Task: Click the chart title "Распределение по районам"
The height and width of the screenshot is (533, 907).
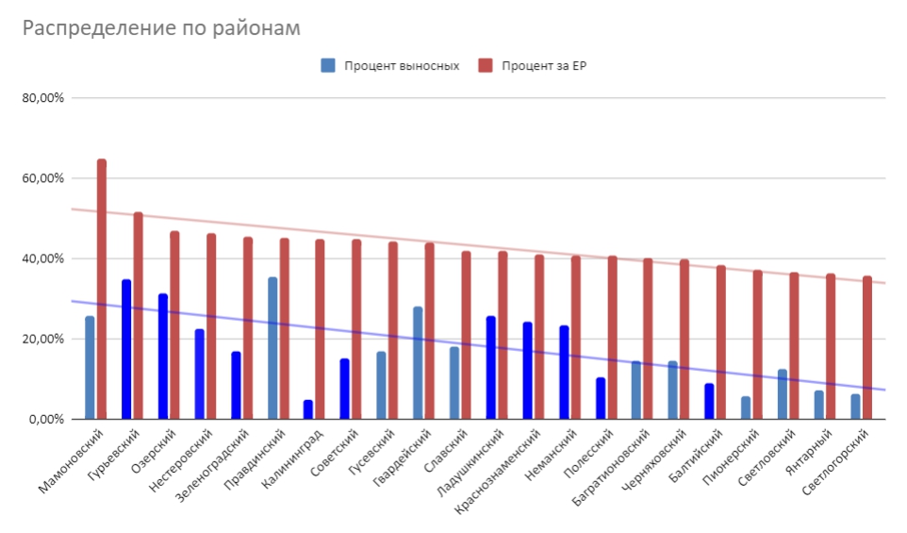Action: (x=161, y=28)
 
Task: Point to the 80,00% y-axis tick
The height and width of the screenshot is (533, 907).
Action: (x=43, y=98)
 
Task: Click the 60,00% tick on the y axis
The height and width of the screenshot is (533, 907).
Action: (x=43, y=178)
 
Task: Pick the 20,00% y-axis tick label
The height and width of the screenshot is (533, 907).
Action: (x=43, y=339)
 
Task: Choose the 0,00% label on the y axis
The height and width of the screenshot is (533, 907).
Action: (x=46, y=419)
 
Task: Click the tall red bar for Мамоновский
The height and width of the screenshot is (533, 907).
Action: (x=102, y=289)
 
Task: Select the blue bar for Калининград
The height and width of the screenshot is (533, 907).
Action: (x=308, y=409)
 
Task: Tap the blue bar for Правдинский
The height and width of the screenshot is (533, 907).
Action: (x=272, y=348)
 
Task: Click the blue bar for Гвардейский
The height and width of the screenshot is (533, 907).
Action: (x=418, y=363)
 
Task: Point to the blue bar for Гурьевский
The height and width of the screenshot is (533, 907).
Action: (x=126, y=349)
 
